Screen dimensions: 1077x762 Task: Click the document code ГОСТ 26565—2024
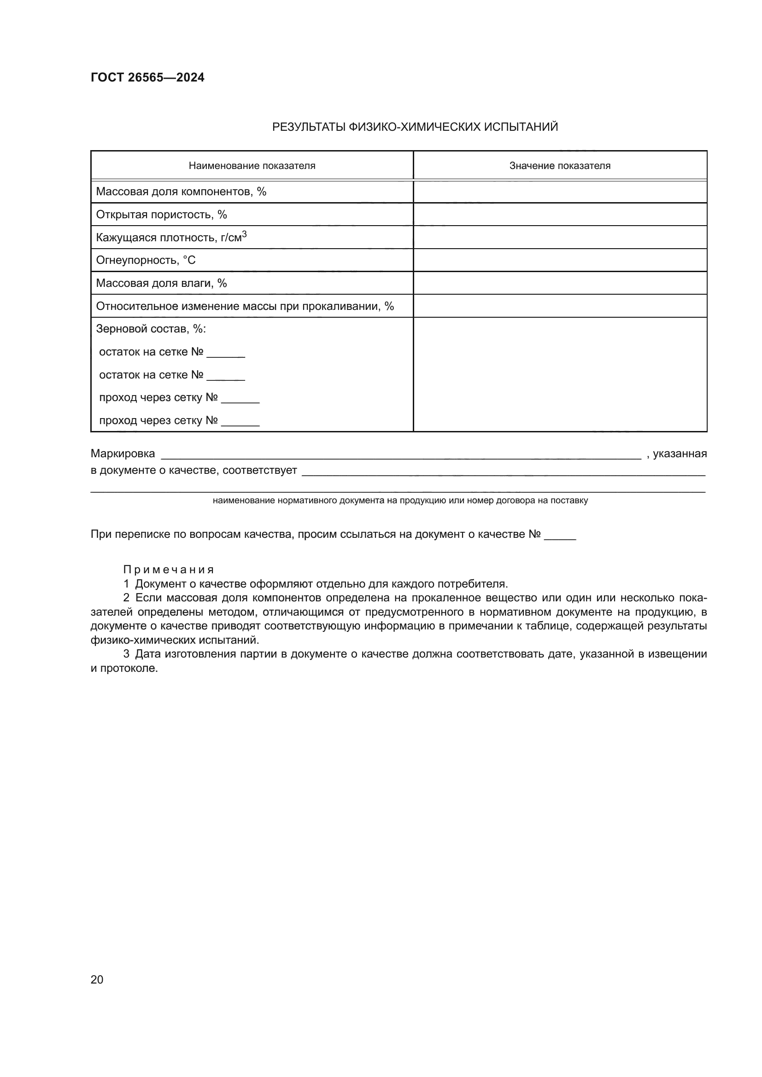point(147,77)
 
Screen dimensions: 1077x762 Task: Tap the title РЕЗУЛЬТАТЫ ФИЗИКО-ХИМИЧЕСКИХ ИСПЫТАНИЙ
point(415,127)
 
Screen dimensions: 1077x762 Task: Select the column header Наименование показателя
point(252,166)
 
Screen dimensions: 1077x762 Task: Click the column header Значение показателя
point(560,166)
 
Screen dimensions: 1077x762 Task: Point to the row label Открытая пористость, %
point(161,215)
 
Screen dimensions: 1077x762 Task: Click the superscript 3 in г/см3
point(244,234)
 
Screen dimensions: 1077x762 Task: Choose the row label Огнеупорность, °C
point(146,260)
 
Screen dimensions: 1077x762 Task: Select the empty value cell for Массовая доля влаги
point(560,283)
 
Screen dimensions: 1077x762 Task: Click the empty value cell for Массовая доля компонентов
point(560,192)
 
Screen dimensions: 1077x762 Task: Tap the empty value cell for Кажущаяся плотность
point(560,237)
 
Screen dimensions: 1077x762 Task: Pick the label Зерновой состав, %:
point(151,329)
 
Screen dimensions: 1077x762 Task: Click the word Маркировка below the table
point(123,454)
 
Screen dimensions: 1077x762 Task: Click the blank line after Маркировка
point(401,455)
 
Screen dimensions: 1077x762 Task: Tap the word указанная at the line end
point(680,454)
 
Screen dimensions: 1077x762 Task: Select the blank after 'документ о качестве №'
point(560,536)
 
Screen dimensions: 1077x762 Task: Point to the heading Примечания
point(169,570)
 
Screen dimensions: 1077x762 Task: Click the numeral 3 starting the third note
point(126,654)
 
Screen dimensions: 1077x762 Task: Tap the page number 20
point(97,979)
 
